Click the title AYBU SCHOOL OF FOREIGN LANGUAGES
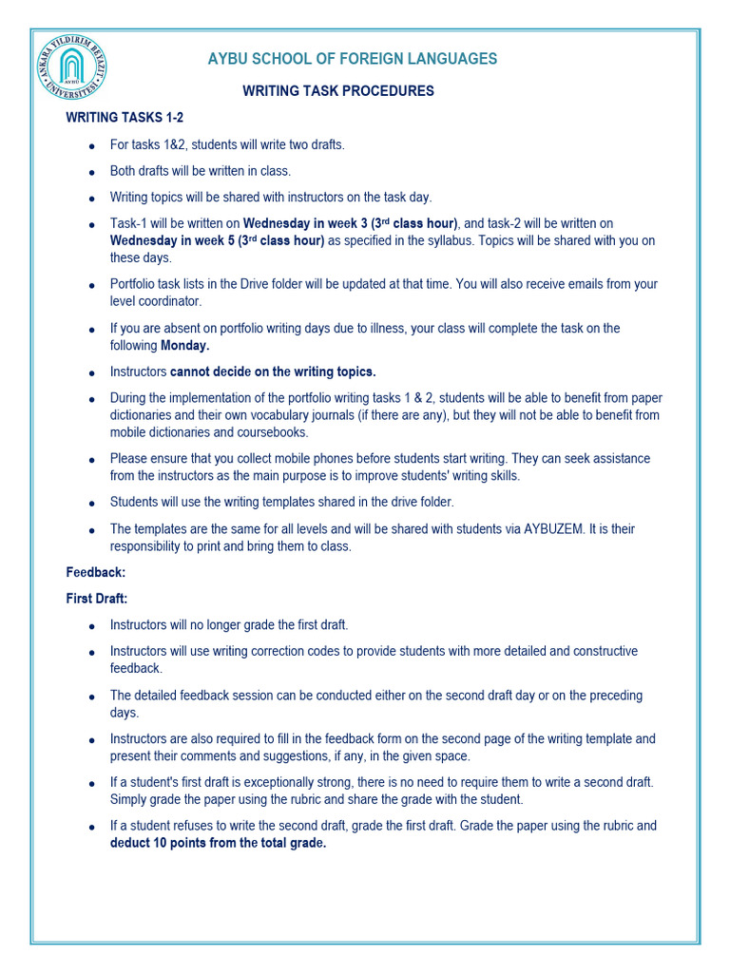352,59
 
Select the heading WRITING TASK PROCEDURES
338,91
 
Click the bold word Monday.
184,346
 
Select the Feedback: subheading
96,573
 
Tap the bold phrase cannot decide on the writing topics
273,372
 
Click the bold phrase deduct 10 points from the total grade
218,844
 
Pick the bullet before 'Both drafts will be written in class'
90,173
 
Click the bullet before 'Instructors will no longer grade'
90,626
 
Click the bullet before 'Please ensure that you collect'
90,460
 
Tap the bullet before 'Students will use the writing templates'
90,504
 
